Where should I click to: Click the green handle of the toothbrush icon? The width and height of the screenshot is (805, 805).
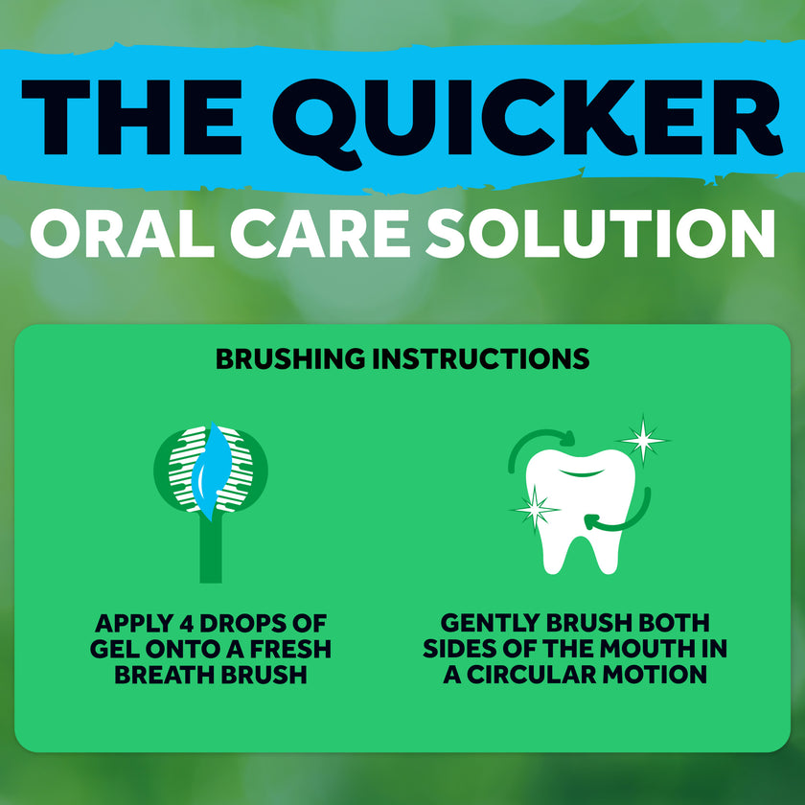tap(211, 551)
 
